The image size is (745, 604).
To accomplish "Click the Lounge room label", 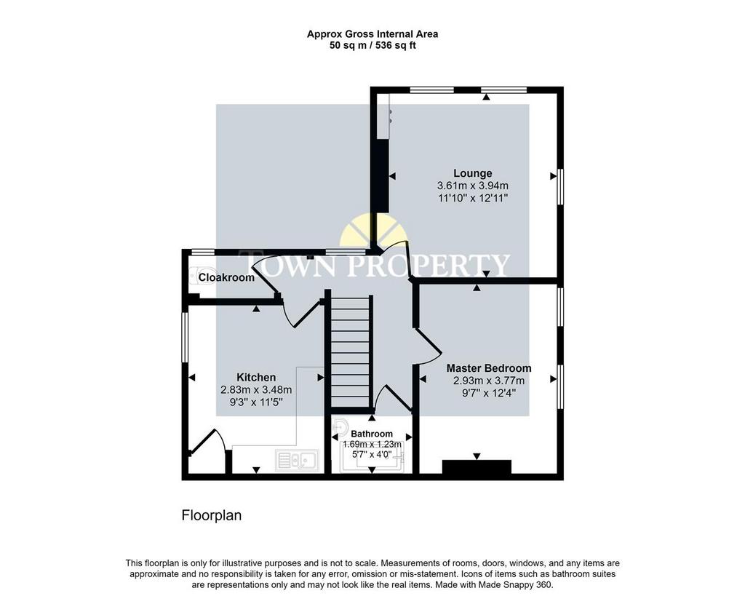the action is tap(472, 173).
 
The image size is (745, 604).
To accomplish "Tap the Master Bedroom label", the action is tap(489, 368).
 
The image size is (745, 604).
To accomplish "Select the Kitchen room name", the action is tap(256, 378).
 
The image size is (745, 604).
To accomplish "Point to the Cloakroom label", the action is tap(226, 277).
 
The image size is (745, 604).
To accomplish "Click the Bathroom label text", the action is tap(372, 434).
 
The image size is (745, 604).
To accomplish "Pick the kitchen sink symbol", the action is tap(297, 460).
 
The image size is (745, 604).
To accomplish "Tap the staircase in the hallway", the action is tap(350, 351).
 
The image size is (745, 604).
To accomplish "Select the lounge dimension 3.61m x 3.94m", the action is tap(473, 186).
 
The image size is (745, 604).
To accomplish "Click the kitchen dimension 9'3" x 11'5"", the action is tap(256, 402).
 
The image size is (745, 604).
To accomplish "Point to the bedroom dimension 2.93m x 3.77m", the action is tap(489, 381).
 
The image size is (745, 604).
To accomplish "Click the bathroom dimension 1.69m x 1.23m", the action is tap(372, 445).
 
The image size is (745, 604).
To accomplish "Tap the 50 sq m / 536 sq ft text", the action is tap(372, 46).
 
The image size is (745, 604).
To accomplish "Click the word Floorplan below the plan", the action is tap(212, 516).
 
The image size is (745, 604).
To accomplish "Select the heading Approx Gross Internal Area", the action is tap(372, 34).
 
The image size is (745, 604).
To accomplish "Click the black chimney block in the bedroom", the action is tap(477, 466).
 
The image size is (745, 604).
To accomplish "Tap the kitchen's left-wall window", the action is tap(185, 338).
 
